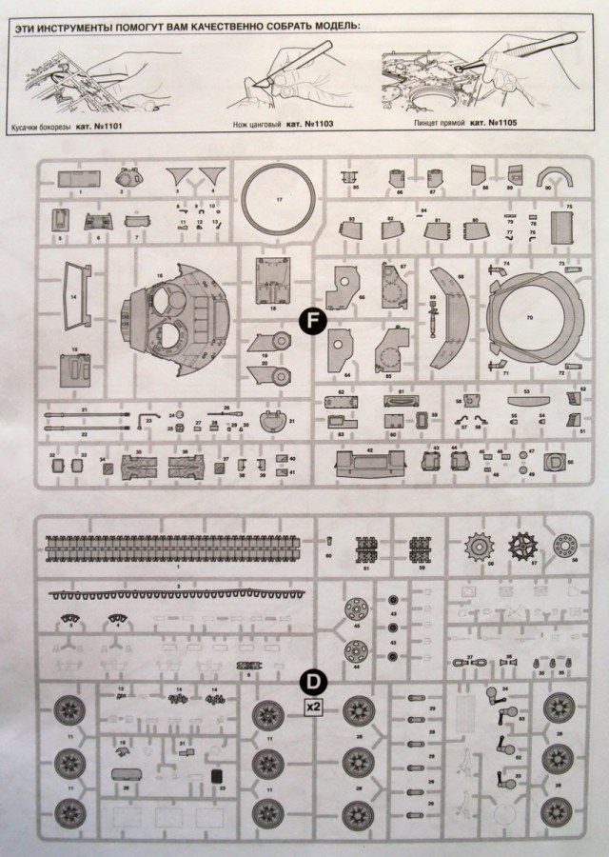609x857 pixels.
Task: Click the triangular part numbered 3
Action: [177, 178]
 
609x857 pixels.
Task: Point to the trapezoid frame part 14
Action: [73, 295]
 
